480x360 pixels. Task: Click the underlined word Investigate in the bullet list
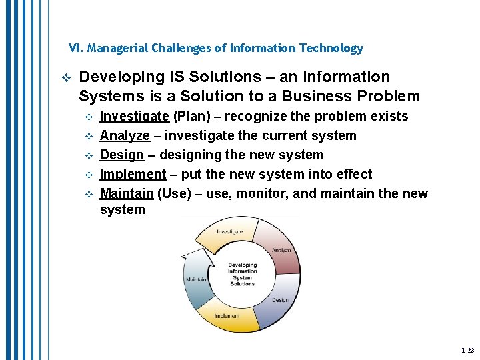pos(134,117)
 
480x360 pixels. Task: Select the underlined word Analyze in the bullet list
pos(125,136)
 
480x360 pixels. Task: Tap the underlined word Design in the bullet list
pos(122,155)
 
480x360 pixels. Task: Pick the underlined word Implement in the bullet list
pos(133,175)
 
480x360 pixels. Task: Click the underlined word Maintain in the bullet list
pos(127,194)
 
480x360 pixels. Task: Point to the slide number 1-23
pos(467,350)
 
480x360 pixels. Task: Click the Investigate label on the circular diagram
pos(229,232)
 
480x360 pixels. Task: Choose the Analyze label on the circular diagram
pos(281,250)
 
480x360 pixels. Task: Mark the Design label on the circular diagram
pos(279,300)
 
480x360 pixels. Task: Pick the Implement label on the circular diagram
pos(227,316)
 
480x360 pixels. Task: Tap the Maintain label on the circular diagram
pos(196,279)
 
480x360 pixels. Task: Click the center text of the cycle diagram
pos(242,274)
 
